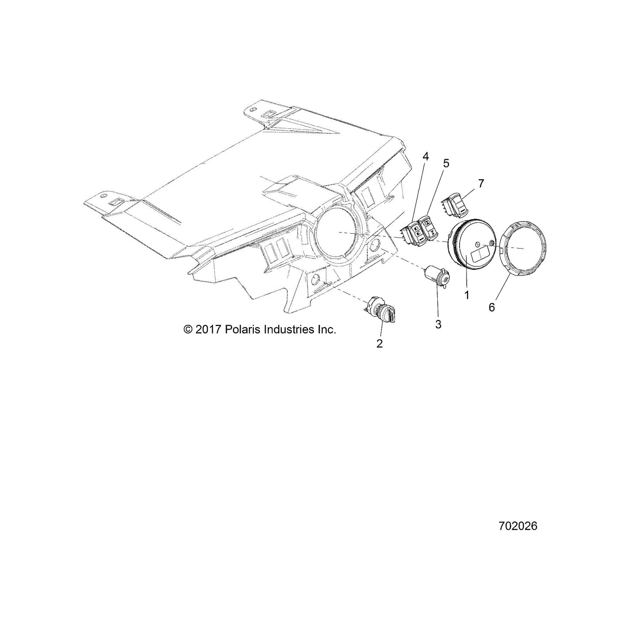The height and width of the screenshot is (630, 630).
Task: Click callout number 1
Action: pos(467,295)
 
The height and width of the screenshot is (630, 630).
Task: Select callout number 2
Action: pos(379,344)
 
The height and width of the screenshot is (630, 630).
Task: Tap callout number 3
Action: pos(438,324)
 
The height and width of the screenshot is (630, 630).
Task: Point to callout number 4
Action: pos(426,157)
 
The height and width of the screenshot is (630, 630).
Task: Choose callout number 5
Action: pos(446,163)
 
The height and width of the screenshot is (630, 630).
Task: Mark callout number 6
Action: pos(492,307)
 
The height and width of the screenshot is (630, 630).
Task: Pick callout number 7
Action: pos(480,184)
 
